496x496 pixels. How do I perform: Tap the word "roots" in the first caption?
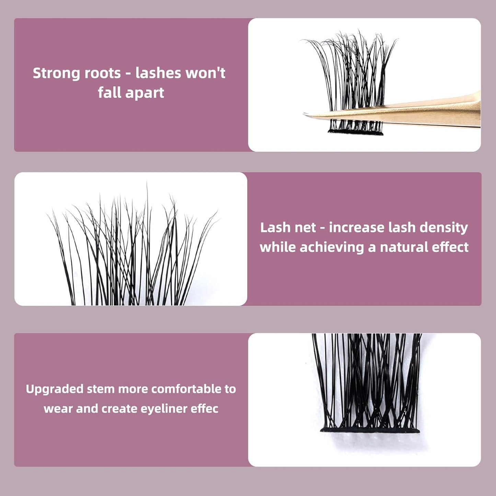pos(103,73)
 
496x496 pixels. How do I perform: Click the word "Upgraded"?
pos(55,389)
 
